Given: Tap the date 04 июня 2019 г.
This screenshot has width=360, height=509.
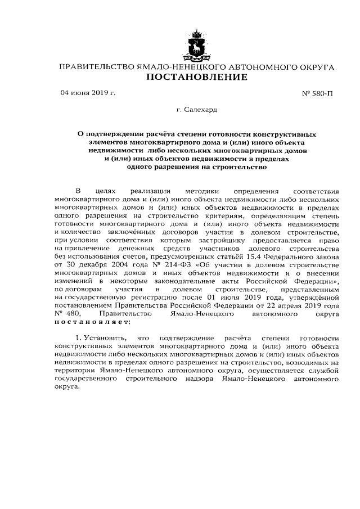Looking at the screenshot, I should pyautogui.click(x=88, y=93).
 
